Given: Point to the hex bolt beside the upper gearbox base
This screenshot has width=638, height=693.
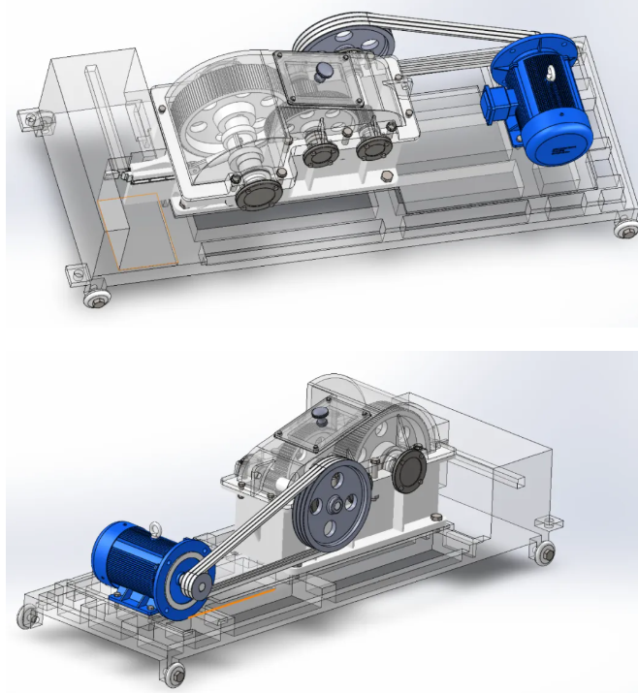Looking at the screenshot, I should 386,176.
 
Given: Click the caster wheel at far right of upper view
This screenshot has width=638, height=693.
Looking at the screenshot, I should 624,230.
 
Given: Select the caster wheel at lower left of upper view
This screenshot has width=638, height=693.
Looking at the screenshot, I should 96,298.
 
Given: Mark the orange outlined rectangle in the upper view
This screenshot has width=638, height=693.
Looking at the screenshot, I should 136,231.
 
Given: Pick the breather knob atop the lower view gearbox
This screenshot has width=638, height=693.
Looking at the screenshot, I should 322,414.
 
